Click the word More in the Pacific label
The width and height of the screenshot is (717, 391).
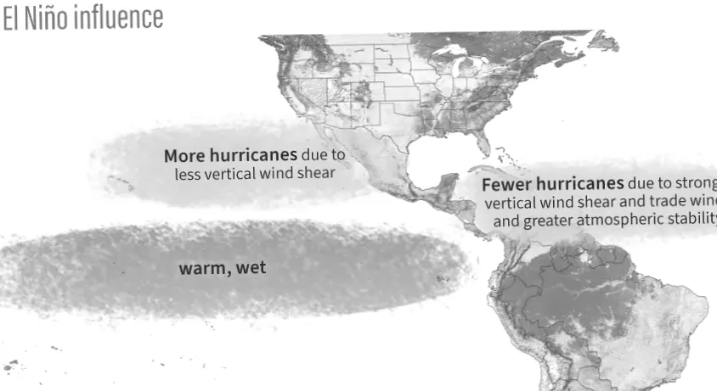pyautogui.click(x=183, y=156)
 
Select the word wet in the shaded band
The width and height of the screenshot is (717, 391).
pyautogui.click(x=250, y=268)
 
